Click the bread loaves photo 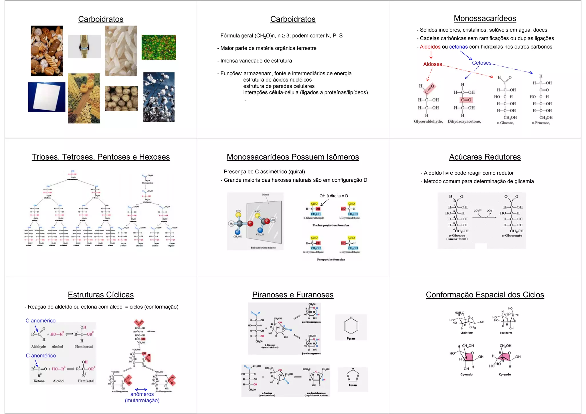point(47,51)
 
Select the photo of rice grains point(121,51)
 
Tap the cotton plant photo point(159,97)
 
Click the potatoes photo point(121,99)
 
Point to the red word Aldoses point(432,64)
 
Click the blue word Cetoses point(482,63)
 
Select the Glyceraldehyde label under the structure point(428,121)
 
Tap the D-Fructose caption point(541,123)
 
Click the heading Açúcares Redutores point(485,157)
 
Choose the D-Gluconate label point(512,235)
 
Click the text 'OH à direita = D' point(334,196)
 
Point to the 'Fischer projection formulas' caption point(331,225)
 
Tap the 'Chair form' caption point(467,333)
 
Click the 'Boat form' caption point(506,333)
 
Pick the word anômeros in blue point(142,394)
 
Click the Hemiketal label point(86,381)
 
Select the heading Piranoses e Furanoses point(293,295)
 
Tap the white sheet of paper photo point(47,97)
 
